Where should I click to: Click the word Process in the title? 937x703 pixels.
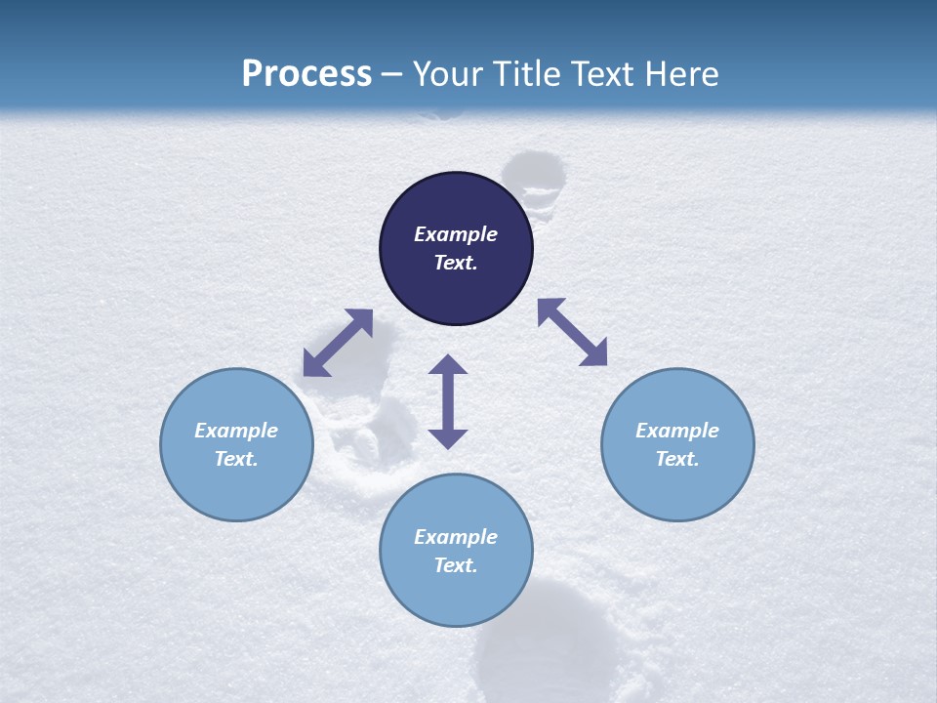306,73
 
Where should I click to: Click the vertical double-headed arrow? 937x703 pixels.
448,401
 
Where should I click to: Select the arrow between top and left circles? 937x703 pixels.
338,343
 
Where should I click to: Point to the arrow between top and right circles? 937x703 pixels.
573,332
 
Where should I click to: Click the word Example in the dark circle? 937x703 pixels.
456,234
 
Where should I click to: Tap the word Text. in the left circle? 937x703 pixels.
236,459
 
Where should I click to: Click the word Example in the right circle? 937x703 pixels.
677,430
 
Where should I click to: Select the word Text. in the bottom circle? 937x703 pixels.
456,565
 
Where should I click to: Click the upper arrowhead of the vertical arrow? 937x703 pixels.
448,365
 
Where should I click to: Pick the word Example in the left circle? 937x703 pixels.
236,430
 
